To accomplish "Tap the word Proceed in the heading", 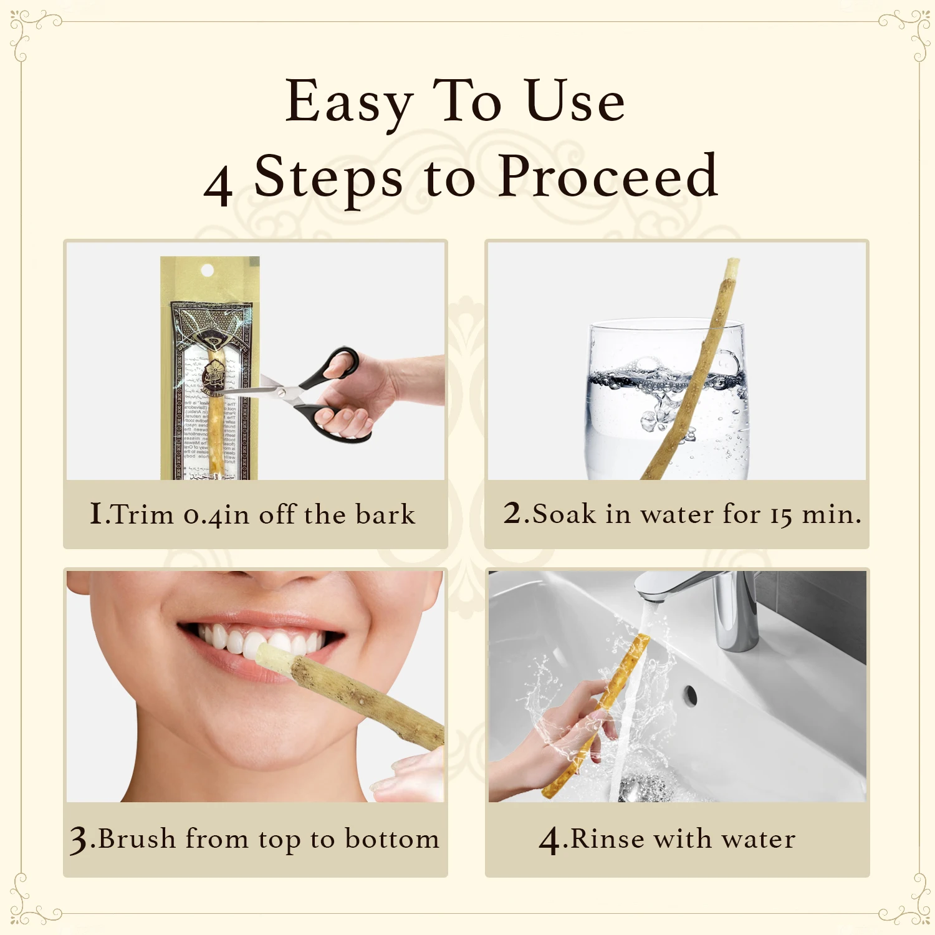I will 608,178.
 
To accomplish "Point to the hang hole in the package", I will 208,271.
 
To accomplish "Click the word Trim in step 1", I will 142,515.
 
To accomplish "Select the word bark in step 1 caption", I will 385,515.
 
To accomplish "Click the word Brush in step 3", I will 137,839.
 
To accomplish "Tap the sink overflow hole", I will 689,696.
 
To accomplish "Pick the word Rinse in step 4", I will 607,839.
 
